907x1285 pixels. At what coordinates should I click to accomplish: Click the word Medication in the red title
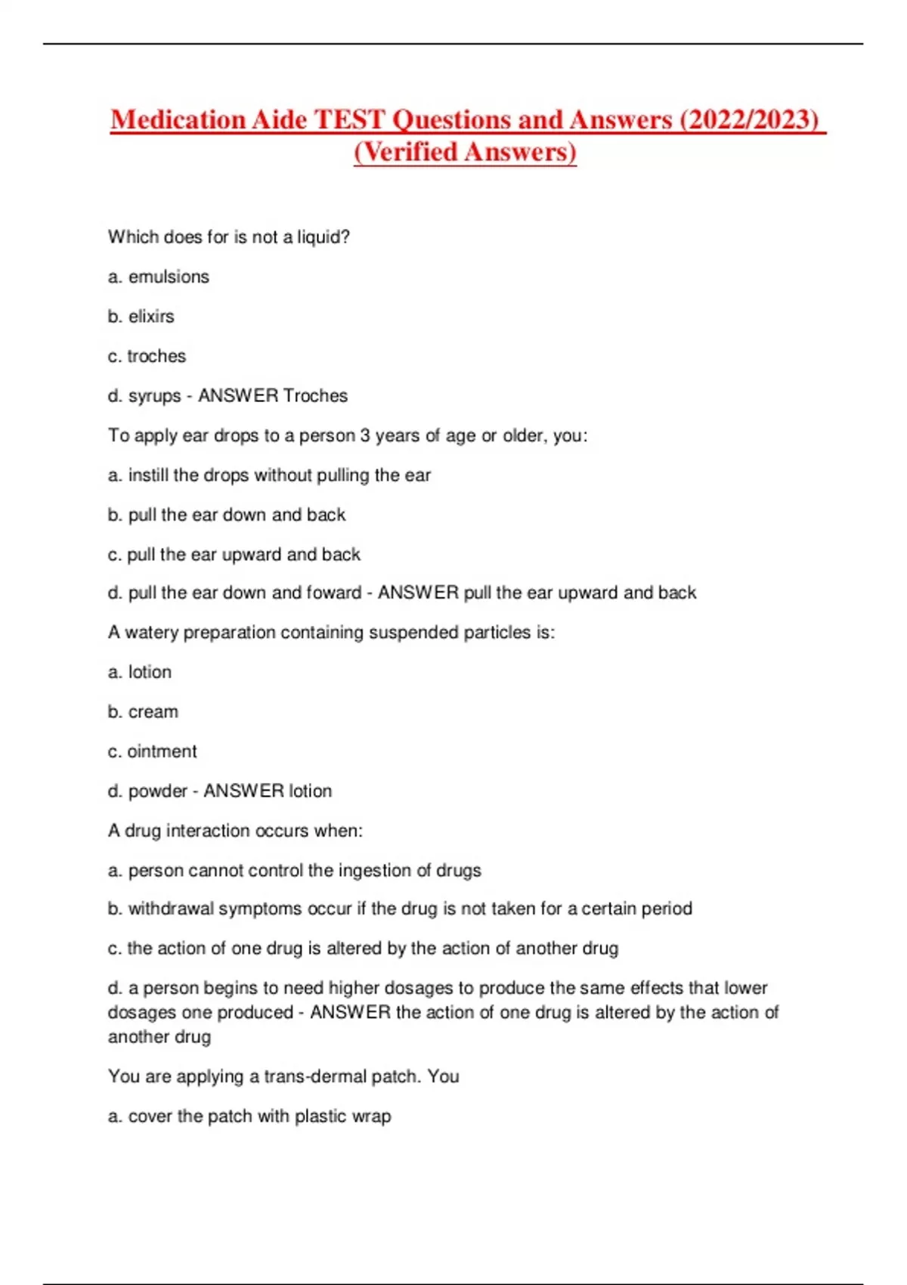(x=178, y=119)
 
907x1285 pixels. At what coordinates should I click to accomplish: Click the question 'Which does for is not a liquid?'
(x=229, y=237)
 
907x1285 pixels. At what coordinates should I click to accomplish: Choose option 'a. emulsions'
(x=159, y=277)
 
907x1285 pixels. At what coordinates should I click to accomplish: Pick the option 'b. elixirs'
(x=141, y=317)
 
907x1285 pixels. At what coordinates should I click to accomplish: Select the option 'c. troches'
(x=147, y=356)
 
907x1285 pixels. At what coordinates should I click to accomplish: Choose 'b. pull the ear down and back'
(x=227, y=515)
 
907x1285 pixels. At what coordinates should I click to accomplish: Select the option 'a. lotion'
(x=140, y=672)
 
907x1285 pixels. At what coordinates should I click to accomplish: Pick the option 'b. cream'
(x=143, y=712)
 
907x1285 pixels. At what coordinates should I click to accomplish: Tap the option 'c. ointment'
(x=153, y=751)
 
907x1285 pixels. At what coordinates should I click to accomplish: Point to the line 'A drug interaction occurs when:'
(x=235, y=831)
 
